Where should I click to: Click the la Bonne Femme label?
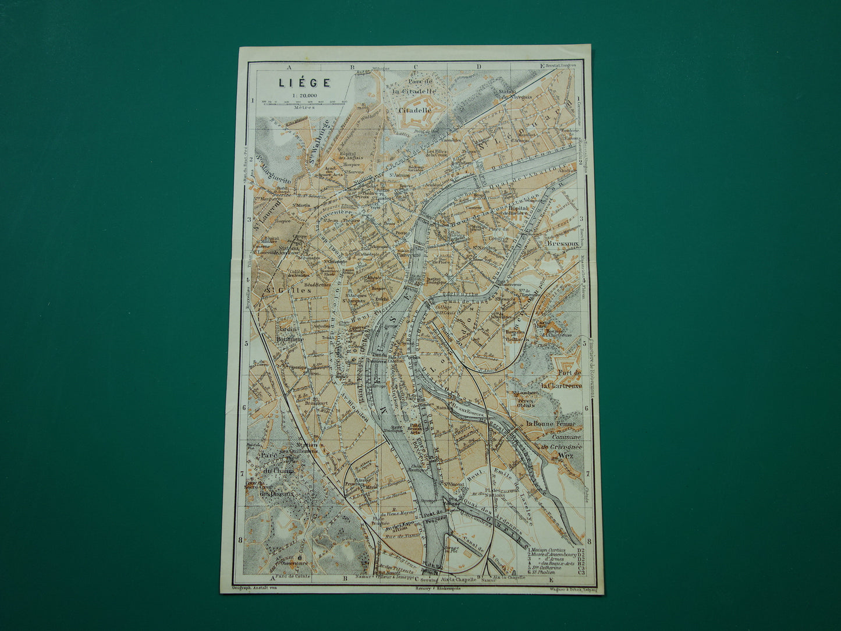coord(550,423)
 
